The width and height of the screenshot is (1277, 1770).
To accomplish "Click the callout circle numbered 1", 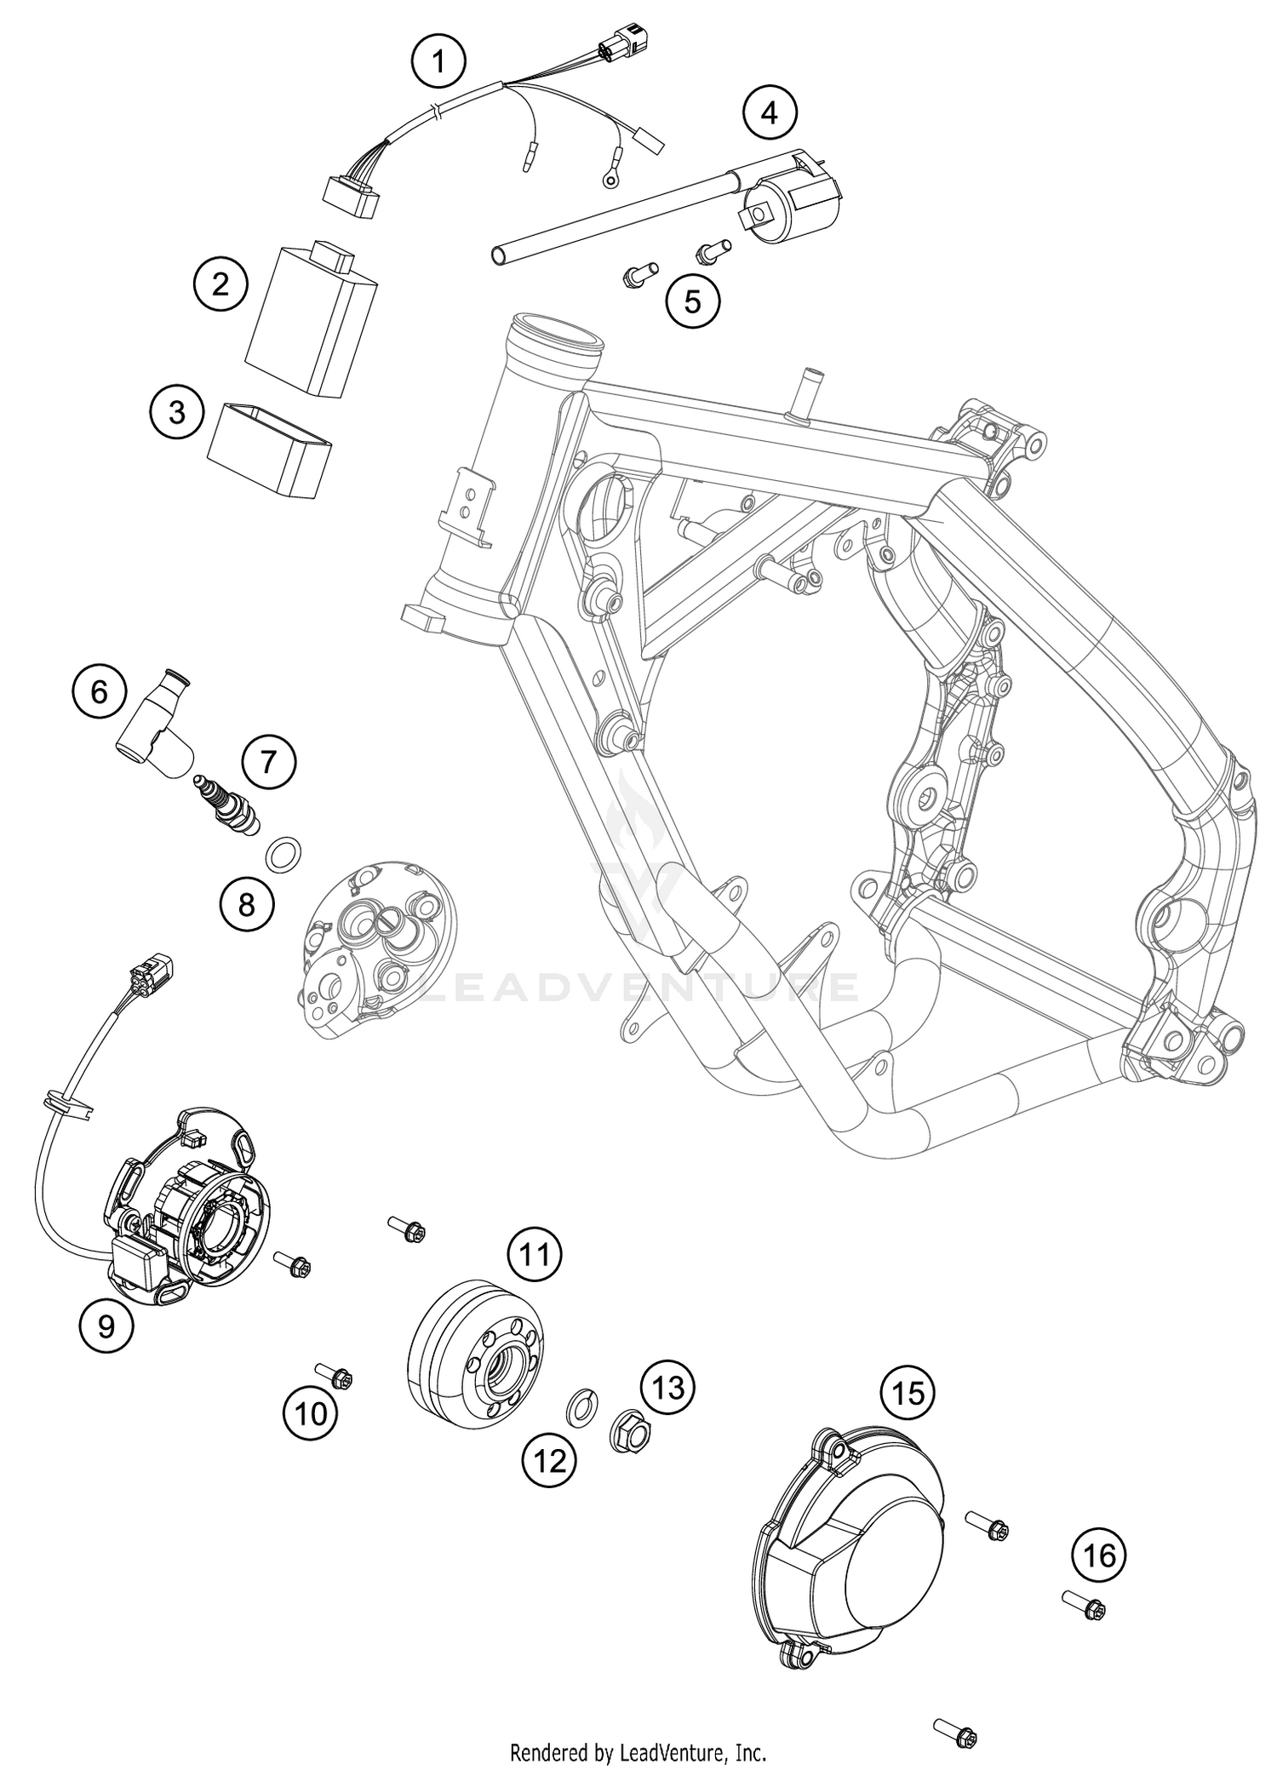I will (x=438, y=60).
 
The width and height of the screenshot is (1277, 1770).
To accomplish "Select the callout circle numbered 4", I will (x=770, y=112).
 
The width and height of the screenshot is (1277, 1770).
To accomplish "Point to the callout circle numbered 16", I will (x=1098, y=1555).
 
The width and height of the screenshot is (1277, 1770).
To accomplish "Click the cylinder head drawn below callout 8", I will (x=379, y=951).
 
